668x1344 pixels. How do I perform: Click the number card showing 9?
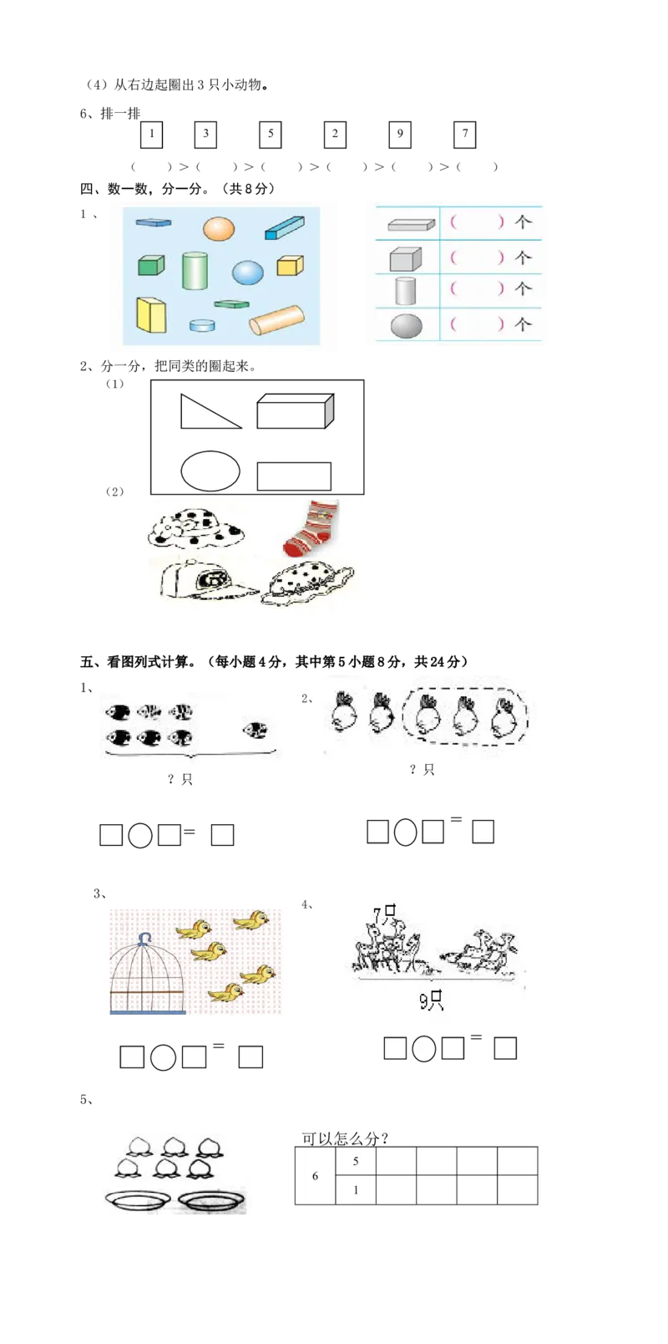point(400,135)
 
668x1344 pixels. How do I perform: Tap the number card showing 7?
point(466,135)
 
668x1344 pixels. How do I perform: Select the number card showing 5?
point(270,135)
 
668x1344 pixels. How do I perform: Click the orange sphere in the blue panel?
point(219,229)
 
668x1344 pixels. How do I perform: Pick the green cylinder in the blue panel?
point(195,271)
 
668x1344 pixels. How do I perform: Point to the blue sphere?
point(248,272)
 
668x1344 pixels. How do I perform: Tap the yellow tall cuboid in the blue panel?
point(151,315)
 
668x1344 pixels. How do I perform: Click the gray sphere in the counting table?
point(407,325)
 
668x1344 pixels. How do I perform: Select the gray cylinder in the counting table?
point(406,290)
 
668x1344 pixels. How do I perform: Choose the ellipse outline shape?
point(210,471)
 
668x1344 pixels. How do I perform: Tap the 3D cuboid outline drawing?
point(295,411)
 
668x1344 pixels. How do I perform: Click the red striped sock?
point(311,527)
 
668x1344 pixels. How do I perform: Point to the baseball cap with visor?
point(205,580)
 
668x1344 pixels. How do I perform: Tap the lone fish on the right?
point(256,731)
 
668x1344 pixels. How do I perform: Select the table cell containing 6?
point(315,1176)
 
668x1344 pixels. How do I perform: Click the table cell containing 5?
point(356,1161)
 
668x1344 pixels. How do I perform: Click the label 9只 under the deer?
point(432,1000)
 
